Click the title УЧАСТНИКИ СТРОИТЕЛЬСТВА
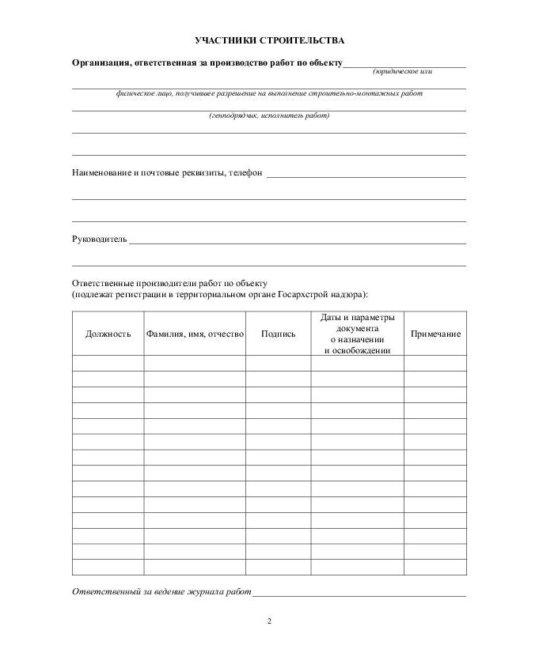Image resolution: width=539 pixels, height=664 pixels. pos(269,40)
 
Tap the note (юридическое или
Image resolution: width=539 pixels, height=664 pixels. pos(402,72)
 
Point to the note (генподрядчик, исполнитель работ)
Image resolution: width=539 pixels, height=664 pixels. pos(269,115)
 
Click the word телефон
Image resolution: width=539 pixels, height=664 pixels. pos(245,172)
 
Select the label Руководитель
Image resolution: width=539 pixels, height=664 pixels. pos(99,239)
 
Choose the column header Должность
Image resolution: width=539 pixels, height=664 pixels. pos(108,334)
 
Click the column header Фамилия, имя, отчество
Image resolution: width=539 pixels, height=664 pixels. pos(194,334)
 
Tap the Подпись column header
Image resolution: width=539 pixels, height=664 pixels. pos(278,334)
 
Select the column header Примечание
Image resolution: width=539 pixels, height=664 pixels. pos(435,334)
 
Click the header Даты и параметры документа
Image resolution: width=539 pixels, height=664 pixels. pos(357,322)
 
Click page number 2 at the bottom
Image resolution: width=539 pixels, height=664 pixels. pos(269,621)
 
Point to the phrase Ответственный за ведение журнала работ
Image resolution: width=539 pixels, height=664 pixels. pos(161,591)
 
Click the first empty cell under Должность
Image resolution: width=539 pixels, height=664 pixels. pos(108,363)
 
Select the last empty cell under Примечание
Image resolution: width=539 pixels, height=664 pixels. pos(435,568)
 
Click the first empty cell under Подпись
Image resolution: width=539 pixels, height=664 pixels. pos(278,363)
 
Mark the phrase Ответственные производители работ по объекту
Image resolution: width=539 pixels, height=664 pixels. pos(170,282)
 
